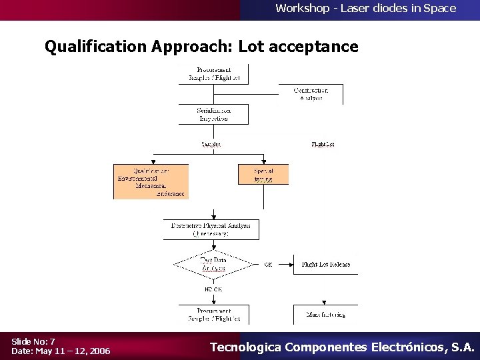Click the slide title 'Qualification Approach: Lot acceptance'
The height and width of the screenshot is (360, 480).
[201, 47]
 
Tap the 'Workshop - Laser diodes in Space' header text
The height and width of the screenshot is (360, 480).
[365, 9]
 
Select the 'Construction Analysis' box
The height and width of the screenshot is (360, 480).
[311, 94]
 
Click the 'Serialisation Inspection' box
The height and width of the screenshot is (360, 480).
[213, 114]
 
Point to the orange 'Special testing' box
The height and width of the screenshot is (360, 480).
[263, 175]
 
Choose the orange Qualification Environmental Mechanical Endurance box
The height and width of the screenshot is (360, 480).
[151, 181]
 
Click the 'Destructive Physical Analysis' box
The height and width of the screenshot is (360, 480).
[211, 229]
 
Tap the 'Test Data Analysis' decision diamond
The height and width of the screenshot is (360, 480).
[213, 265]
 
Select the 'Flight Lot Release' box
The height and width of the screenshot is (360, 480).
[325, 265]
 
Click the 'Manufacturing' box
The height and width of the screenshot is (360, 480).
[325, 314]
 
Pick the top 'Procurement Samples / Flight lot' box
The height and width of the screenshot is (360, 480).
[213, 74]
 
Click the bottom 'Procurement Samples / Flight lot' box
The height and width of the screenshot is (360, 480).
[213, 314]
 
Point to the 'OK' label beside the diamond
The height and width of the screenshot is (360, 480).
[268, 265]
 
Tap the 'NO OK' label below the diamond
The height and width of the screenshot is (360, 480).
[213, 289]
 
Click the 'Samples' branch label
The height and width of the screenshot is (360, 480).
[211, 144]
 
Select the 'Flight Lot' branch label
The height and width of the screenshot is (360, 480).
[323, 144]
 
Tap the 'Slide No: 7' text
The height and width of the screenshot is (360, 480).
[33, 341]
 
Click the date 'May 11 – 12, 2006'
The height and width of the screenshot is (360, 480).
[73, 351]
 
